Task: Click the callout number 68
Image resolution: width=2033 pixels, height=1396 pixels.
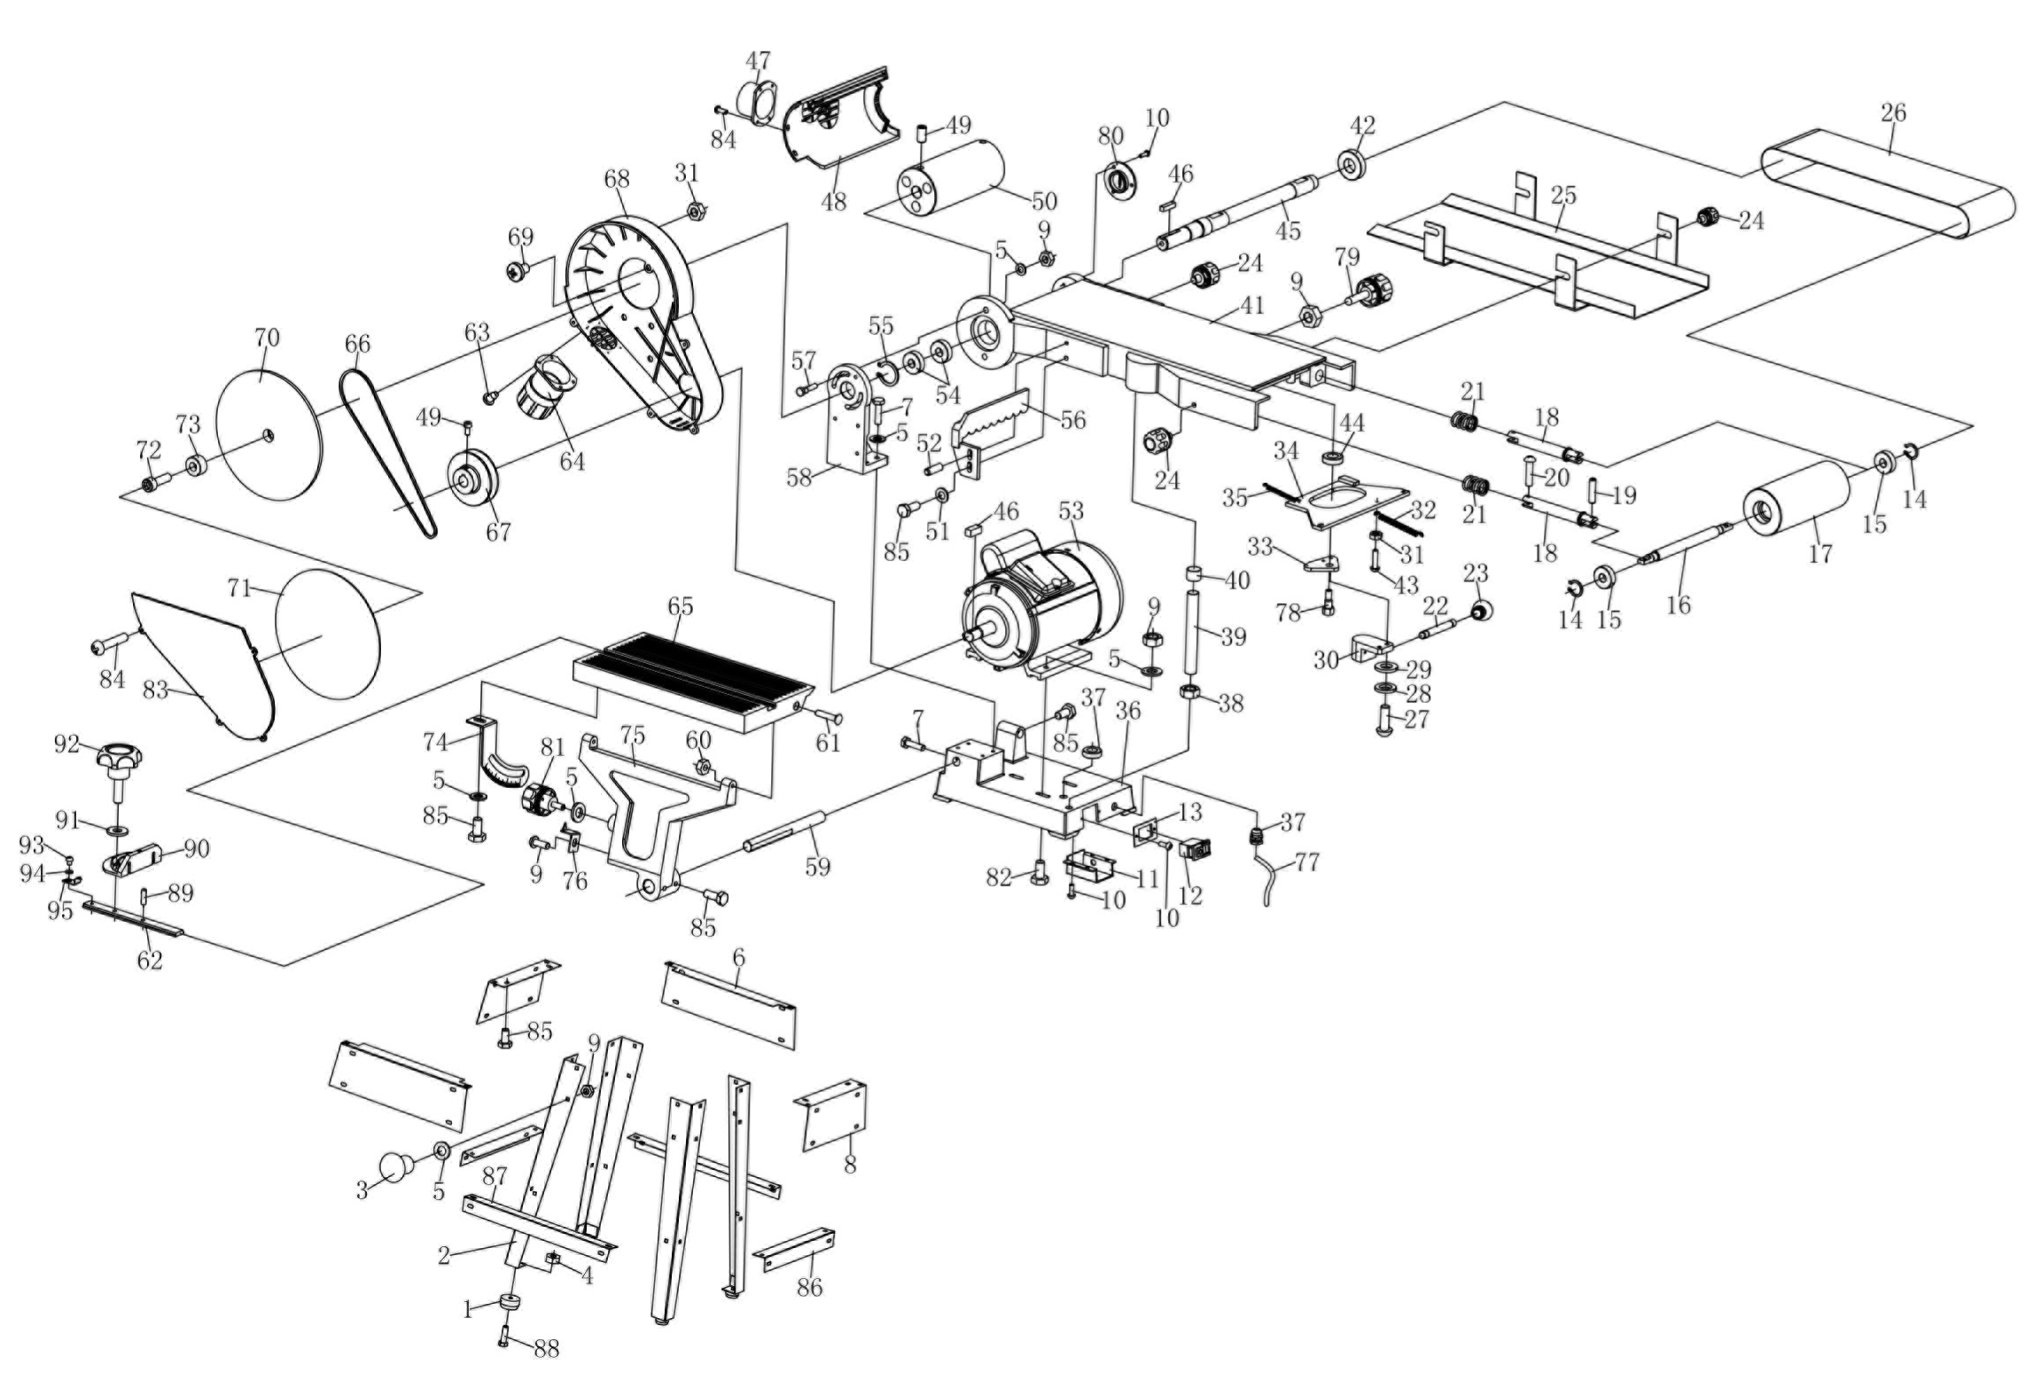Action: point(617,179)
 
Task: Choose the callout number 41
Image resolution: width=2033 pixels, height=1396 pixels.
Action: point(1251,305)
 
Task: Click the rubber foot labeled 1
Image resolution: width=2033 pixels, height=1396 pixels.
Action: point(509,1303)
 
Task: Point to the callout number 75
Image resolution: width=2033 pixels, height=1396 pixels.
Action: point(633,736)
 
